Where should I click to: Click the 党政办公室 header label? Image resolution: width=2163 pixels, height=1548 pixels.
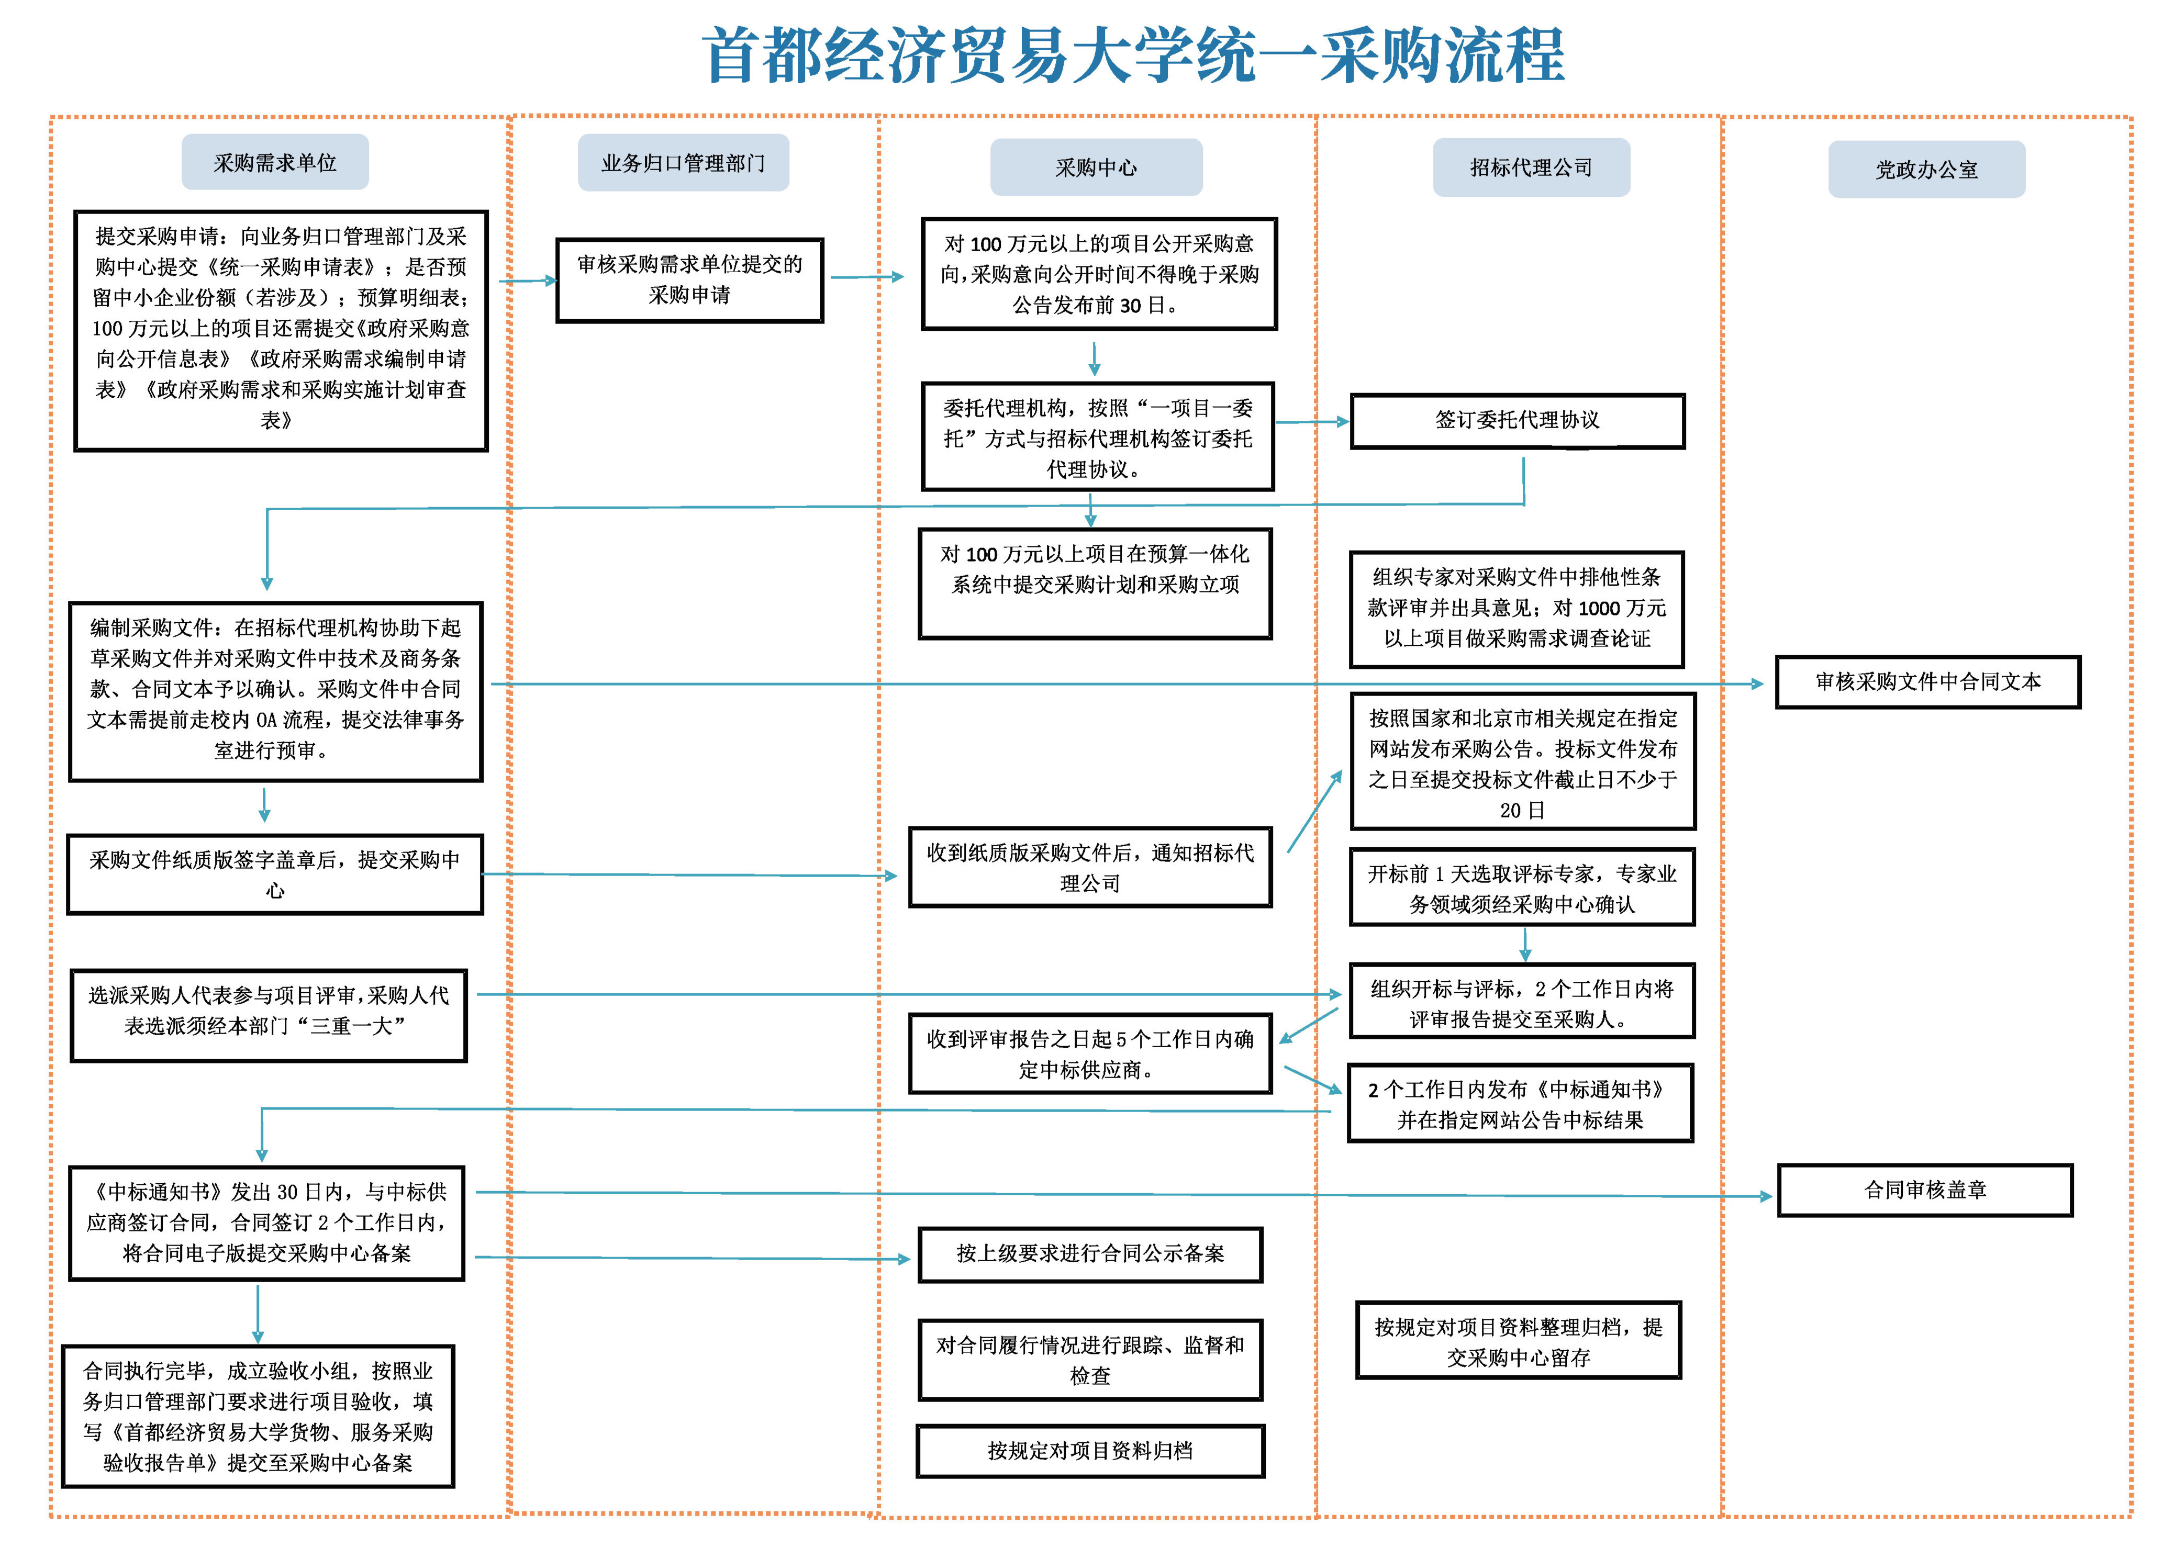(x=1926, y=170)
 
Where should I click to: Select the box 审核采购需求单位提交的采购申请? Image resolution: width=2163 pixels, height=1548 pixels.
(x=689, y=281)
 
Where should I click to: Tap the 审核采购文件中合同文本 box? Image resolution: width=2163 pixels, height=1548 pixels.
(x=1926, y=681)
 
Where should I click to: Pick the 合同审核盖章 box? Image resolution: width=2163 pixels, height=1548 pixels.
(x=1925, y=1190)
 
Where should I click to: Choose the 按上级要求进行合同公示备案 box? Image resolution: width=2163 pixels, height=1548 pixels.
(x=1089, y=1254)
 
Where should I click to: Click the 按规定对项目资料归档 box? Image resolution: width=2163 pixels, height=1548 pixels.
(x=1089, y=1451)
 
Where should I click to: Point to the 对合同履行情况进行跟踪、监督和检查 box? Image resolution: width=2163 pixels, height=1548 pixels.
(x=1089, y=1360)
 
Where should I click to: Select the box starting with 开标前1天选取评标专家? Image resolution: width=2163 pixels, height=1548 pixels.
(x=1521, y=888)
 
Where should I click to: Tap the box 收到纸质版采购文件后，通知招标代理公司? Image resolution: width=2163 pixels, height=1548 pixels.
(x=1089, y=868)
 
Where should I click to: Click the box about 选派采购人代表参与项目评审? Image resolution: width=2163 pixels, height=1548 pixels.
(x=269, y=1015)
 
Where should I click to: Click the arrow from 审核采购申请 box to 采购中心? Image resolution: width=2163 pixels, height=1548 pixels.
(x=866, y=277)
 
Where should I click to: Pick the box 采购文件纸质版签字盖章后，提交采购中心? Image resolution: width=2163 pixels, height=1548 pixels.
(x=274, y=874)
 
